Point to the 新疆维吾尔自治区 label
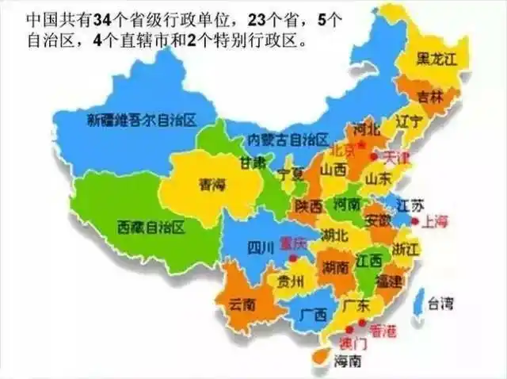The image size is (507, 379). pyautogui.click(x=142, y=120)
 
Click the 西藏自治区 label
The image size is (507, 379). pyautogui.click(x=150, y=228)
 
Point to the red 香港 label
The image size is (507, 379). pyautogui.click(x=383, y=327)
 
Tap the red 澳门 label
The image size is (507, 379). pyautogui.click(x=353, y=343)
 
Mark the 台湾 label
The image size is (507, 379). pyautogui.click(x=440, y=302)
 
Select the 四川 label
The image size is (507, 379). pyautogui.click(x=260, y=249)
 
